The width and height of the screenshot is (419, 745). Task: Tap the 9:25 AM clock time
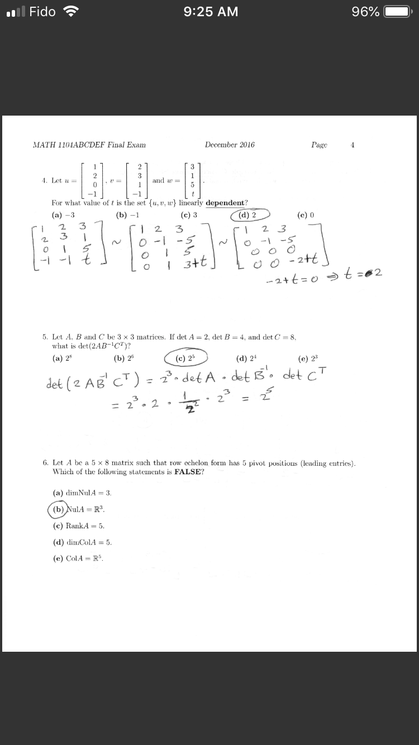211,12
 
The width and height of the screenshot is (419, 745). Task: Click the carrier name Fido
42,12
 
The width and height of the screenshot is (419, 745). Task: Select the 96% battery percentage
366,12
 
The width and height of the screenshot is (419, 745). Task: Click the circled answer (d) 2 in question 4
247,215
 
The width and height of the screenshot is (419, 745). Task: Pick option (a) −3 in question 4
63,215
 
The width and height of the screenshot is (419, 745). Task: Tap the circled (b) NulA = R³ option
78,509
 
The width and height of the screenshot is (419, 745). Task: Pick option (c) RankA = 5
78,526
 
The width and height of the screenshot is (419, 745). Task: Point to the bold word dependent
226,203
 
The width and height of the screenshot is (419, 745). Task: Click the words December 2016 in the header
230,145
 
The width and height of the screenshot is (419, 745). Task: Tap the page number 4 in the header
353,145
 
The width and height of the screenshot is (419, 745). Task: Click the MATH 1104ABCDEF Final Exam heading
89,145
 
